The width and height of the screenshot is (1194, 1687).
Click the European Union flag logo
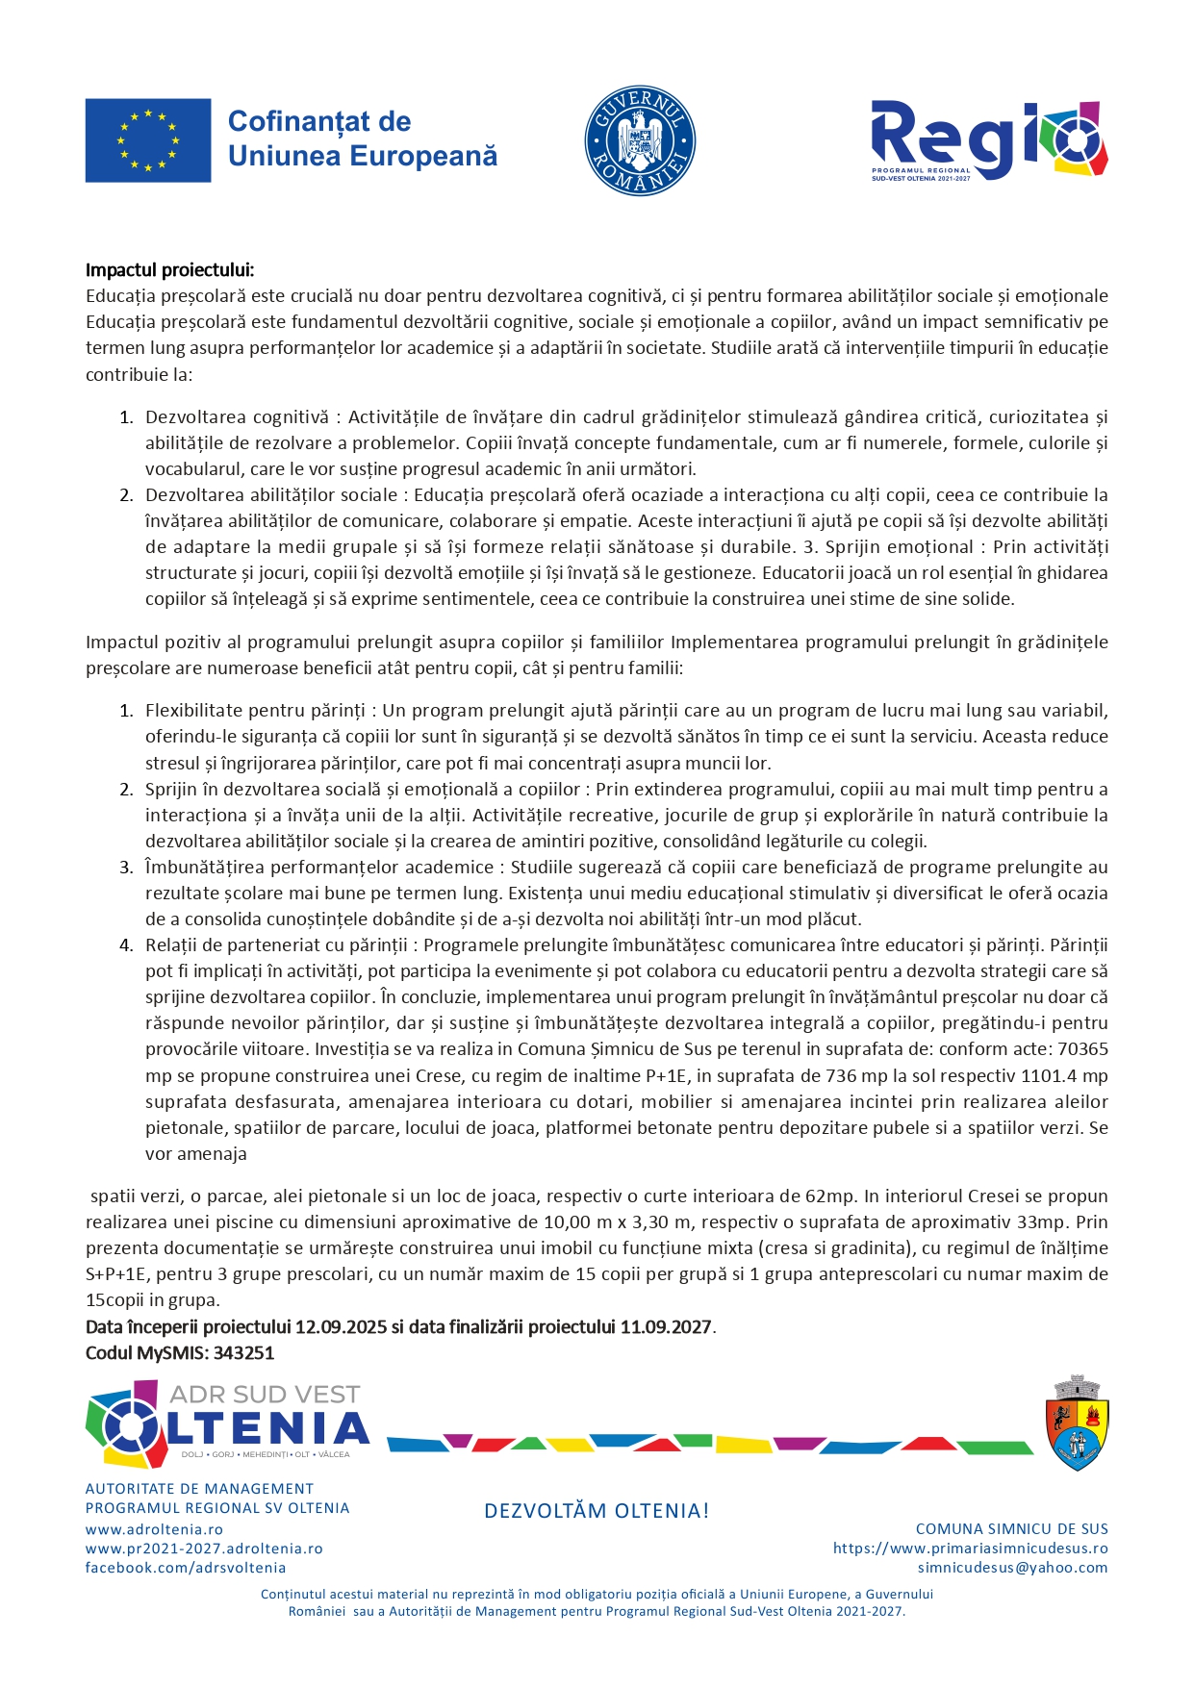(147, 140)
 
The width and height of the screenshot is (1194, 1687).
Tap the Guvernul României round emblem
(640, 140)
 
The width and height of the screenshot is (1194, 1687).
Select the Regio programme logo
(989, 140)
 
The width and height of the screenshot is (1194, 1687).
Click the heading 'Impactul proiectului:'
(169, 270)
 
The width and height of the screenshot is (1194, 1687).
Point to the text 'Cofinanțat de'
(318, 122)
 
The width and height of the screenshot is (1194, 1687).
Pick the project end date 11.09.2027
(665, 1327)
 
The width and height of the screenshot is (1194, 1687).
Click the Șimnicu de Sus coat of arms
(1077, 1423)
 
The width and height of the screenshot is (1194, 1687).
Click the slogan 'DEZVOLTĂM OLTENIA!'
(597, 1511)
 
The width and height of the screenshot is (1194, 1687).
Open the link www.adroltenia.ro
(154, 1529)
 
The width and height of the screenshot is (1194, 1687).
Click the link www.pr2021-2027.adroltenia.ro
(204, 1549)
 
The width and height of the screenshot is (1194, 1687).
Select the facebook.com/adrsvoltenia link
(186, 1568)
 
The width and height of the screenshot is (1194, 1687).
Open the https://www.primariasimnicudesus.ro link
(970, 1549)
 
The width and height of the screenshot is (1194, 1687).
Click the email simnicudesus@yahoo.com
(1012, 1568)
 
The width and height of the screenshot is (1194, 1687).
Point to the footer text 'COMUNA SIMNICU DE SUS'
(1011, 1529)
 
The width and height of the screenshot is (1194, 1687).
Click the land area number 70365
(1082, 1049)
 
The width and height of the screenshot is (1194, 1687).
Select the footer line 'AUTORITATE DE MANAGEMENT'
(199, 1489)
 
